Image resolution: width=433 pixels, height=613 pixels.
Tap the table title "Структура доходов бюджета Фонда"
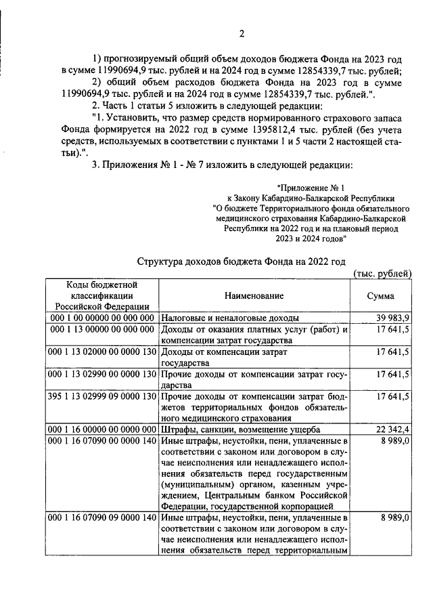[241, 260]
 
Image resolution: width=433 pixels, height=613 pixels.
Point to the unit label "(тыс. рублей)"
[383, 273]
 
